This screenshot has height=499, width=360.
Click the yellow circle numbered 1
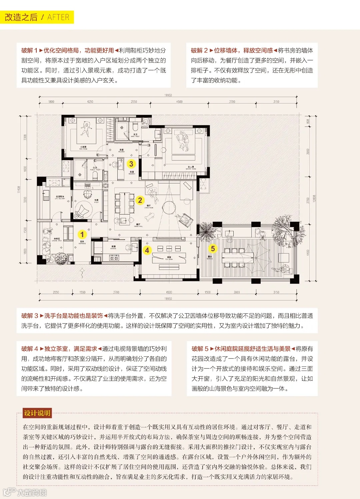(82, 234)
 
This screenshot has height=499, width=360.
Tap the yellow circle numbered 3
(131, 164)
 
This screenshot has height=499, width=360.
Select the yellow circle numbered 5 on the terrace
(213, 249)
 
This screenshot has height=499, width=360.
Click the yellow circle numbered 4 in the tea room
(147, 250)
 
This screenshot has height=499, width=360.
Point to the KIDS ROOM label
(83, 147)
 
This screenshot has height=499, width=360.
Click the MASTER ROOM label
(191, 168)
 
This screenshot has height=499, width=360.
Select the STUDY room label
(96, 201)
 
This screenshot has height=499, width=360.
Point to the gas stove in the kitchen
(114, 258)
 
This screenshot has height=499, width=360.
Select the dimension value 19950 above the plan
(168, 95)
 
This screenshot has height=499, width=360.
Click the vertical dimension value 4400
(308, 252)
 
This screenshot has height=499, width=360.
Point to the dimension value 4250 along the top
(90, 102)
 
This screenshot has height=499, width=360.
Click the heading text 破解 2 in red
(199, 50)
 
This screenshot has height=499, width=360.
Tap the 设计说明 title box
(37, 413)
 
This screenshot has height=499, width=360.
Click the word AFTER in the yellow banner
(58, 17)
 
